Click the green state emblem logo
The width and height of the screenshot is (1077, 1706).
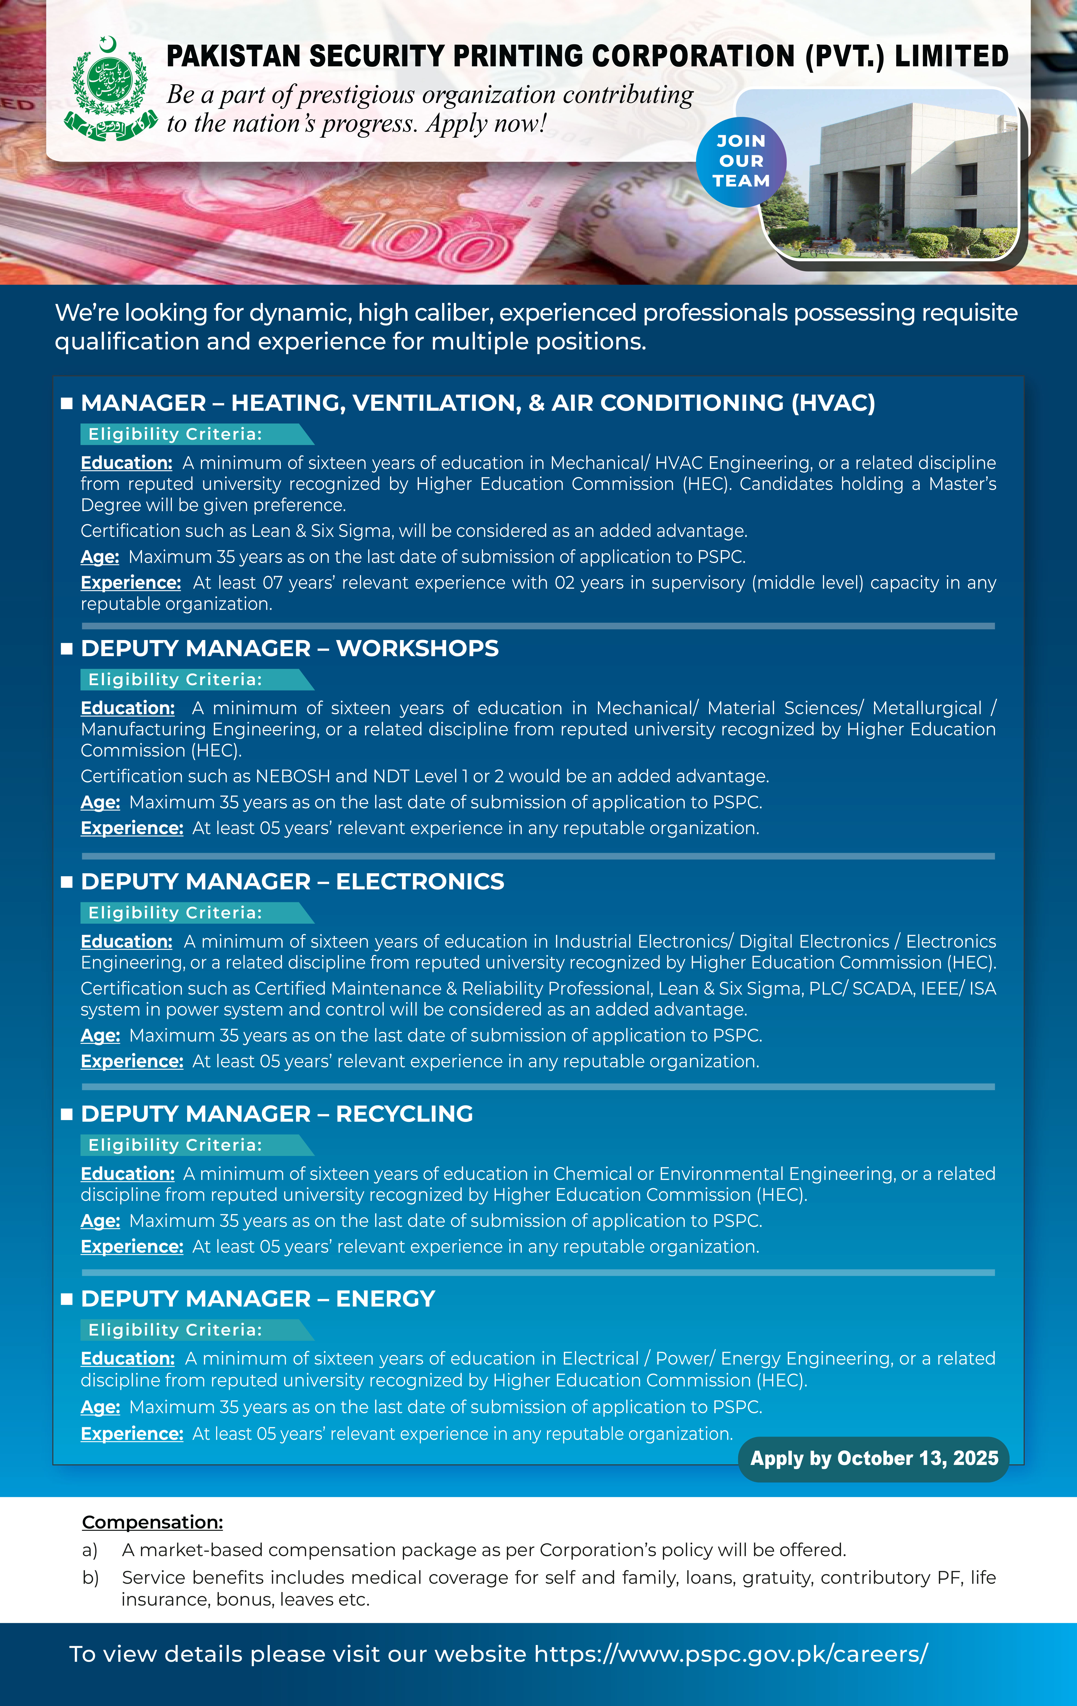coord(110,89)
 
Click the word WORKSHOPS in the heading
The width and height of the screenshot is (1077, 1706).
coord(417,648)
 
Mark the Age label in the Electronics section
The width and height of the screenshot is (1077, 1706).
coord(100,1036)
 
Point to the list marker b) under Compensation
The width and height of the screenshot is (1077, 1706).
coord(90,1578)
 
